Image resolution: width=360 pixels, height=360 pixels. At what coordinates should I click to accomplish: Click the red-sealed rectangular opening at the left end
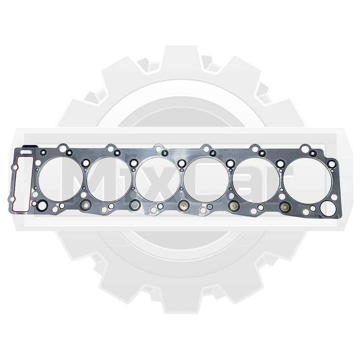(x=12, y=184)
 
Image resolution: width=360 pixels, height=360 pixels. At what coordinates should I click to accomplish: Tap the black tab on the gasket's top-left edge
(x=29, y=147)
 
